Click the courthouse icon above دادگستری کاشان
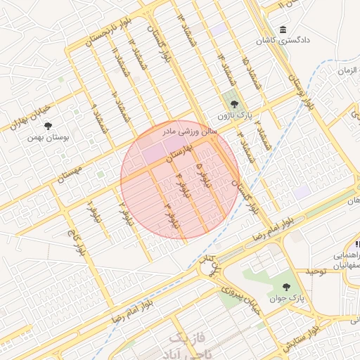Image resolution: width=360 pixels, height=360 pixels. (x=283, y=31)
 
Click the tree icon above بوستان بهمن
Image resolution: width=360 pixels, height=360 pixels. (x=48, y=127)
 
